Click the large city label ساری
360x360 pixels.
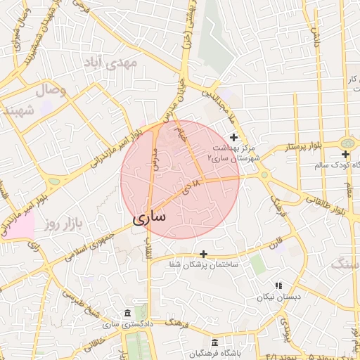click(149, 217)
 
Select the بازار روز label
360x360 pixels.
click(60, 224)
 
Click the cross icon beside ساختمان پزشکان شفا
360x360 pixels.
click(204, 253)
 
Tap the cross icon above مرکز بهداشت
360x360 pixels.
click(234, 136)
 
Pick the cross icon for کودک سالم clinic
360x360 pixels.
click(345, 154)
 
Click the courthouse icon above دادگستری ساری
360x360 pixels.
click(127, 313)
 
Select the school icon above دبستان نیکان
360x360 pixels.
click(278, 285)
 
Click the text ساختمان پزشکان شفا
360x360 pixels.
click(205, 265)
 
